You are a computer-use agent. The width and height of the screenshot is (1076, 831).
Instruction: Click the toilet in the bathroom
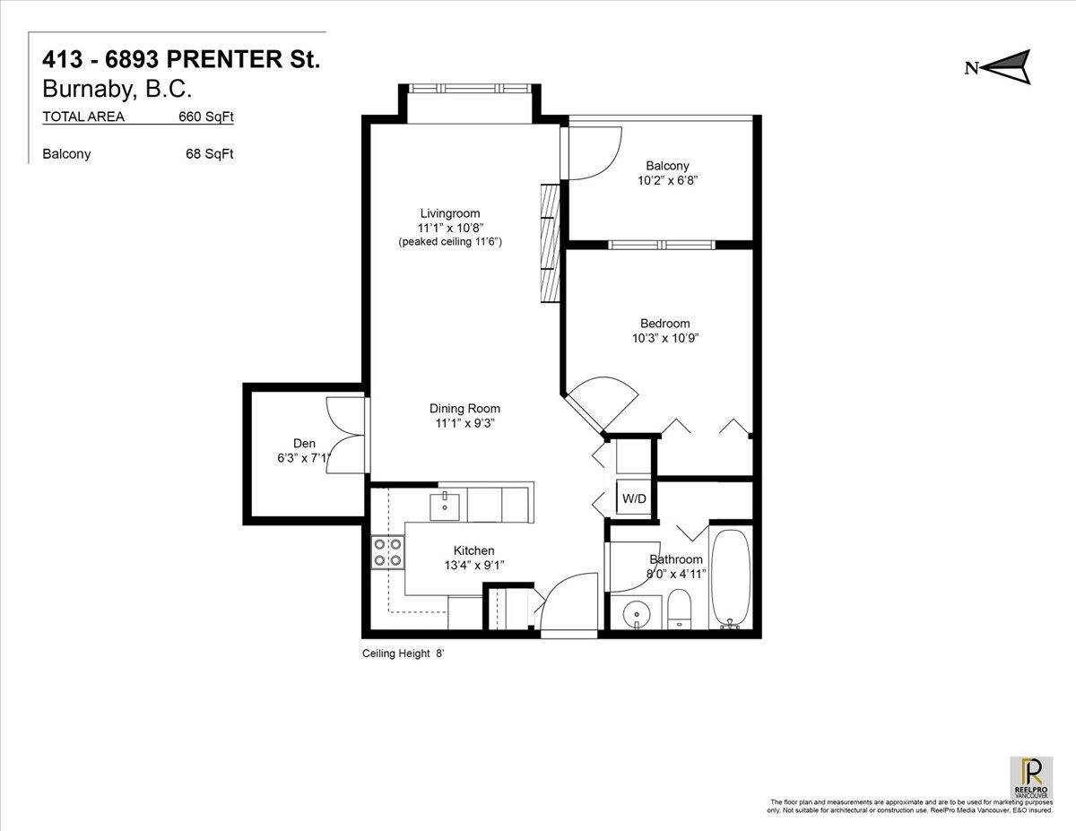(x=679, y=610)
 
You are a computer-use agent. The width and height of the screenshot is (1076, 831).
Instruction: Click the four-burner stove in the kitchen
(x=387, y=551)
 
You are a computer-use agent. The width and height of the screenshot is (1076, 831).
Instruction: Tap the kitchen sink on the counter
(x=444, y=506)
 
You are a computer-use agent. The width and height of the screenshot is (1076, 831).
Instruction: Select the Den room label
(x=304, y=443)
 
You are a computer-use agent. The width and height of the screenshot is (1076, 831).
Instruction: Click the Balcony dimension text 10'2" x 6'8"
(x=667, y=180)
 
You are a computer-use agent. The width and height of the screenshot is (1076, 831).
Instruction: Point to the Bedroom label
(x=664, y=324)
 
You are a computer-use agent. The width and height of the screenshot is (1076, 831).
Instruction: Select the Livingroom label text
(x=449, y=213)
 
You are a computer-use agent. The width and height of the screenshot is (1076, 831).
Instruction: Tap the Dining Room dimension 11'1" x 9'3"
(x=464, y=423)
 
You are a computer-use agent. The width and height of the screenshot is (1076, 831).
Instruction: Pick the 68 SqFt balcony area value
(x=209, y=154)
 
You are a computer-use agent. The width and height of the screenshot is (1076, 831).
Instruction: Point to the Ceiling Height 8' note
(x=403, y=654)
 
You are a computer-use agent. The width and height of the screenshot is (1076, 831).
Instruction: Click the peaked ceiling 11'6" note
(x=449, y=242)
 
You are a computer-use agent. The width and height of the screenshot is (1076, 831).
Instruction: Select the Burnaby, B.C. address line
(x=117, y=90)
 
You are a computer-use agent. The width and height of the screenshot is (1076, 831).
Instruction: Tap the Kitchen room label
(x=473, y=550)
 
